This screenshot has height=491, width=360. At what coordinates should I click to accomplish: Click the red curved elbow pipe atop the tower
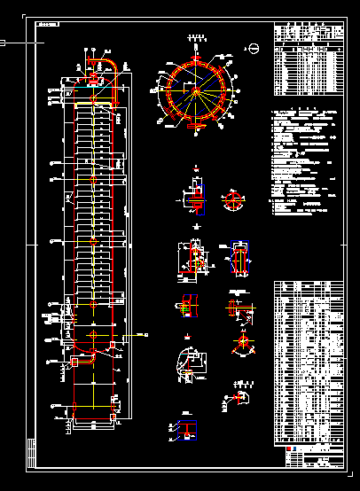tap(114, 64)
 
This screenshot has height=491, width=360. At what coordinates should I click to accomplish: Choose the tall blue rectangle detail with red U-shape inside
tap(238, 260)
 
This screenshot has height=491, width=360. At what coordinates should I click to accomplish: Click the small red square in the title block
tap(289, 450)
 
